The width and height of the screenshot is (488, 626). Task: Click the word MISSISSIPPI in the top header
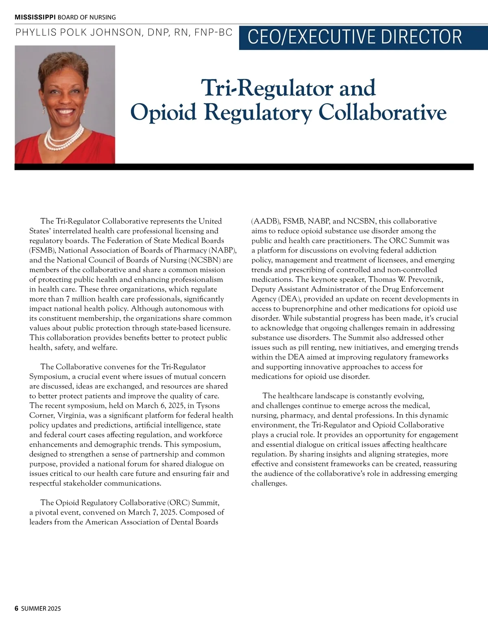pos(35,17)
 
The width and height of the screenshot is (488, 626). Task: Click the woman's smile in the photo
pos(65,111)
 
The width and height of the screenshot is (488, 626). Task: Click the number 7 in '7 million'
pos(68,299)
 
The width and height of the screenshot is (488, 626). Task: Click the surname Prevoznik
pos(422,280)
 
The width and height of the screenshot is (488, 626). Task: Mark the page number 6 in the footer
pos(17,609)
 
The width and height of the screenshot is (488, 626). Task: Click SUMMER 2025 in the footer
pos(41,609)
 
